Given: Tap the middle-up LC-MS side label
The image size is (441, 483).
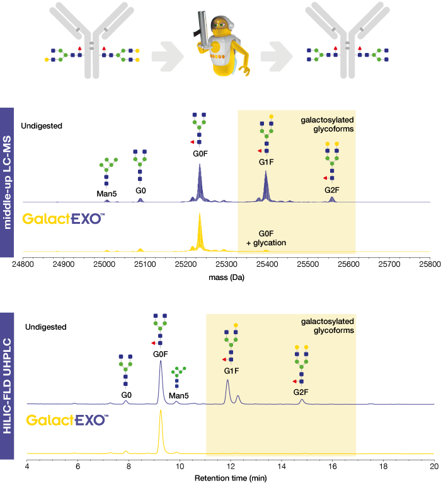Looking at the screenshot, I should (7, 182).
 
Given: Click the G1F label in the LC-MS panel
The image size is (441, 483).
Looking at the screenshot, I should (266, 163).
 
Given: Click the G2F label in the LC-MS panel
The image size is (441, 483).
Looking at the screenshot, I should (332, 189).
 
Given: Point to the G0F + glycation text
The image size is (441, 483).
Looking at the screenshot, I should (266, 238).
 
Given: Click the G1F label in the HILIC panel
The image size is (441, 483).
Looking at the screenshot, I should (231, 371).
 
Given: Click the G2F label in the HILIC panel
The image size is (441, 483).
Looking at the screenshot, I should (301, 392).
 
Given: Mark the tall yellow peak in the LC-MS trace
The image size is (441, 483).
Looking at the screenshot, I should (200, 231).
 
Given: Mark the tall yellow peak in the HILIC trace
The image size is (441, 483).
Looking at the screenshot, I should (161, 429).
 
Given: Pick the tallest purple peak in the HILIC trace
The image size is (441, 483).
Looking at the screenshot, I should (161, 378).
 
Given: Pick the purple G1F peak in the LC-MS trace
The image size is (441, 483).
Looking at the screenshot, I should (266, 186).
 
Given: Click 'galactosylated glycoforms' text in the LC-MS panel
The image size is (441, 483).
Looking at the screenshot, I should (327, 124).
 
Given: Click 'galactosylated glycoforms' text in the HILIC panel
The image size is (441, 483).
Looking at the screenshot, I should (327, 326).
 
